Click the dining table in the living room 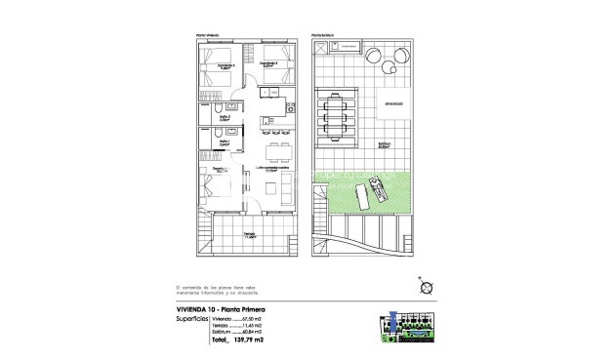coord(275,151)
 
